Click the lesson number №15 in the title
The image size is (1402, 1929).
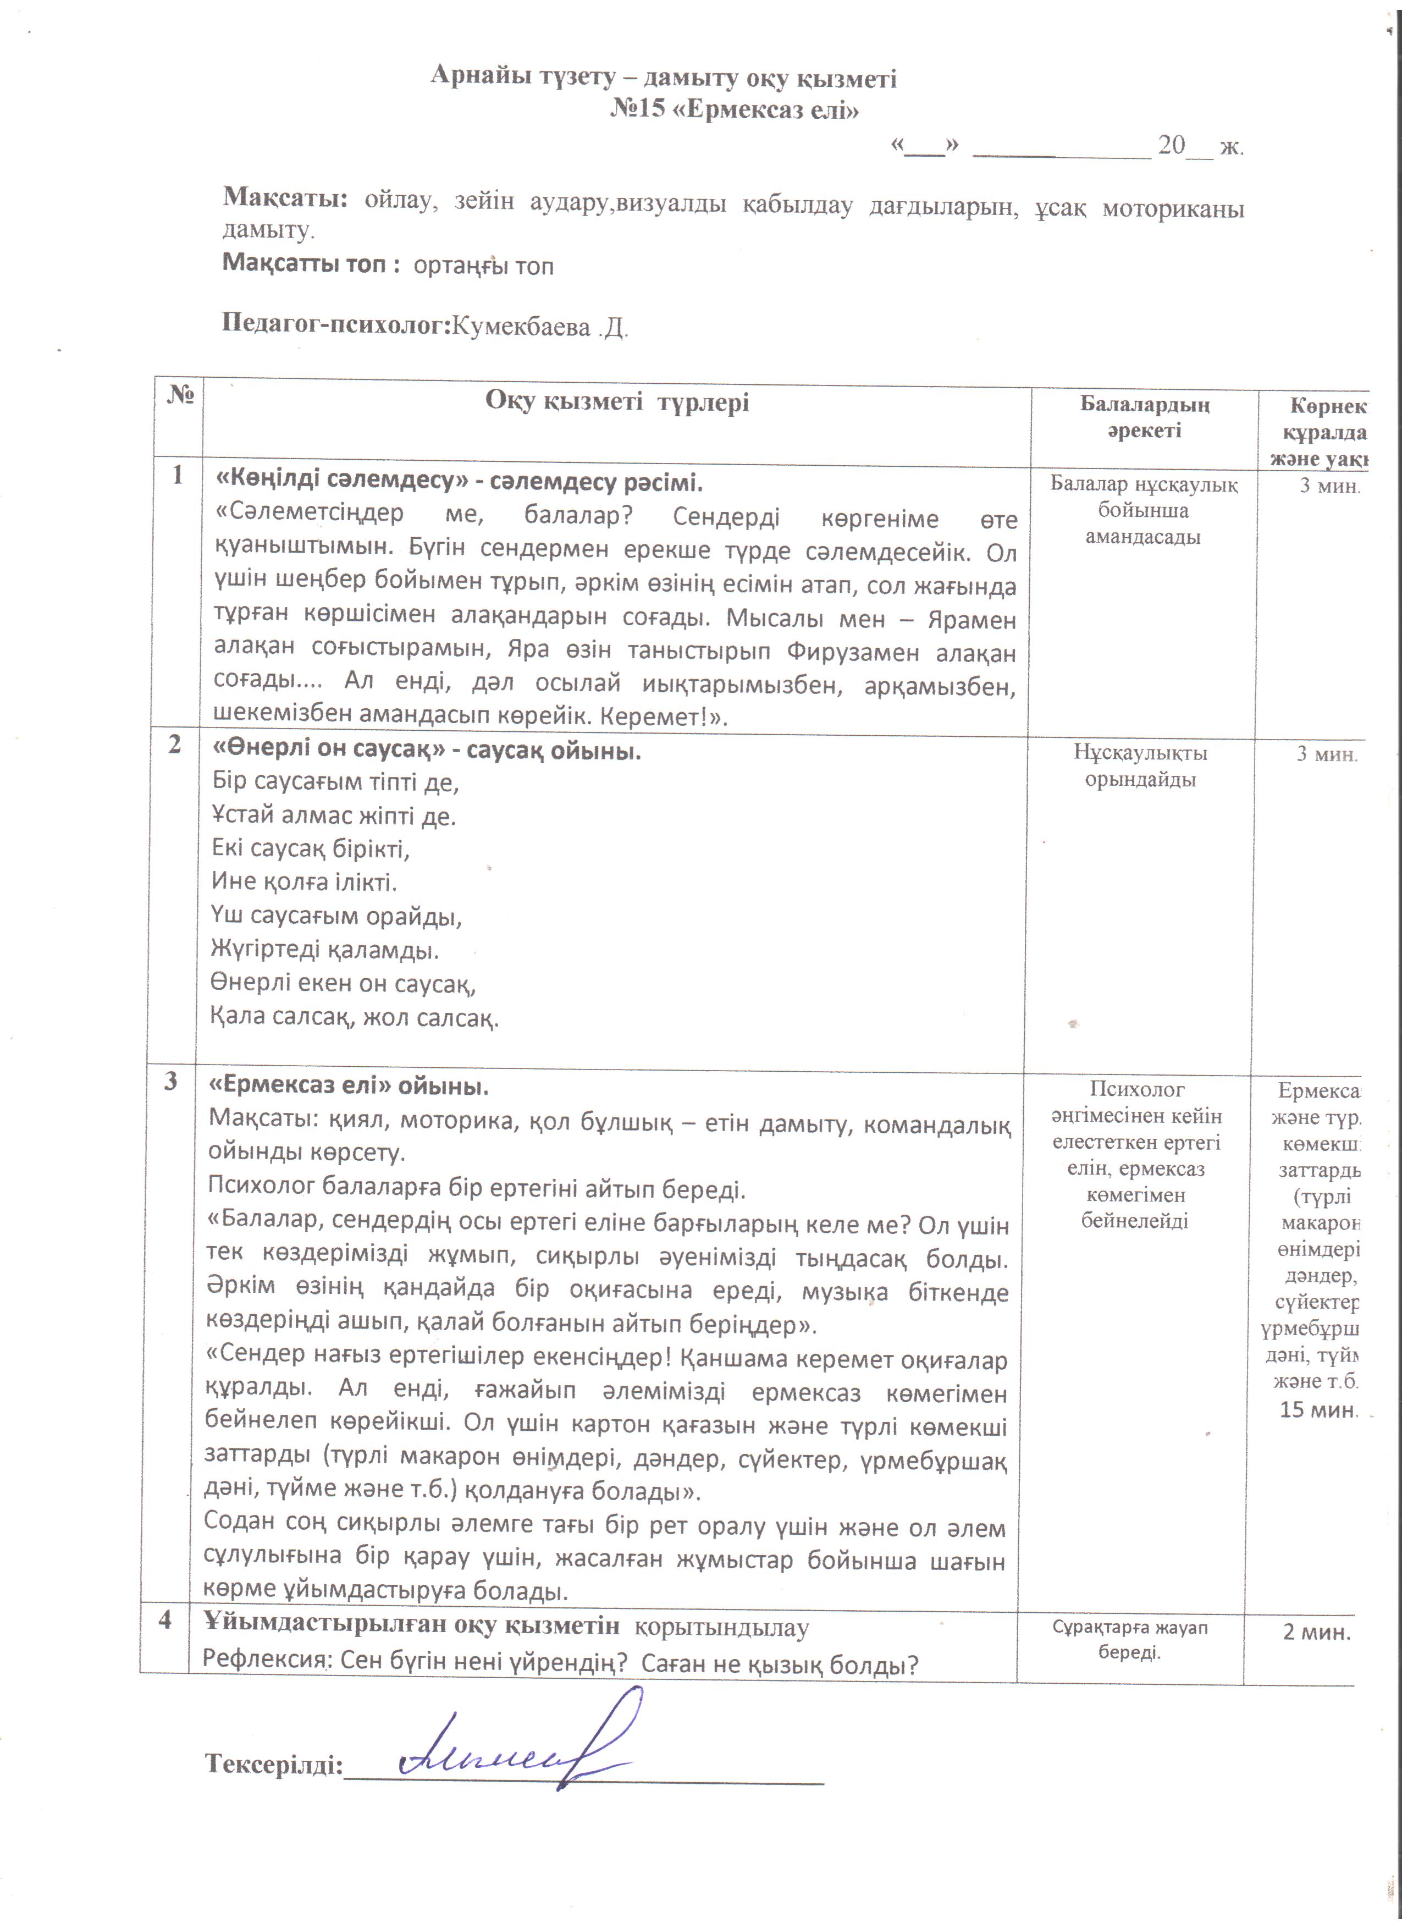pyautogui.click(x=638, y=110)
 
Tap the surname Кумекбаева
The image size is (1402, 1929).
pyautogui.click(x=520, y=327)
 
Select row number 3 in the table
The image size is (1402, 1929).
pyautogui.click(x=171, y=1081)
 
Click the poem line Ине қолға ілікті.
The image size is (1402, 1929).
pyautogui.click(x=303, y=881)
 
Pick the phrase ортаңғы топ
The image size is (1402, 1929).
pyautogui.click(x=483, y=266)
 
